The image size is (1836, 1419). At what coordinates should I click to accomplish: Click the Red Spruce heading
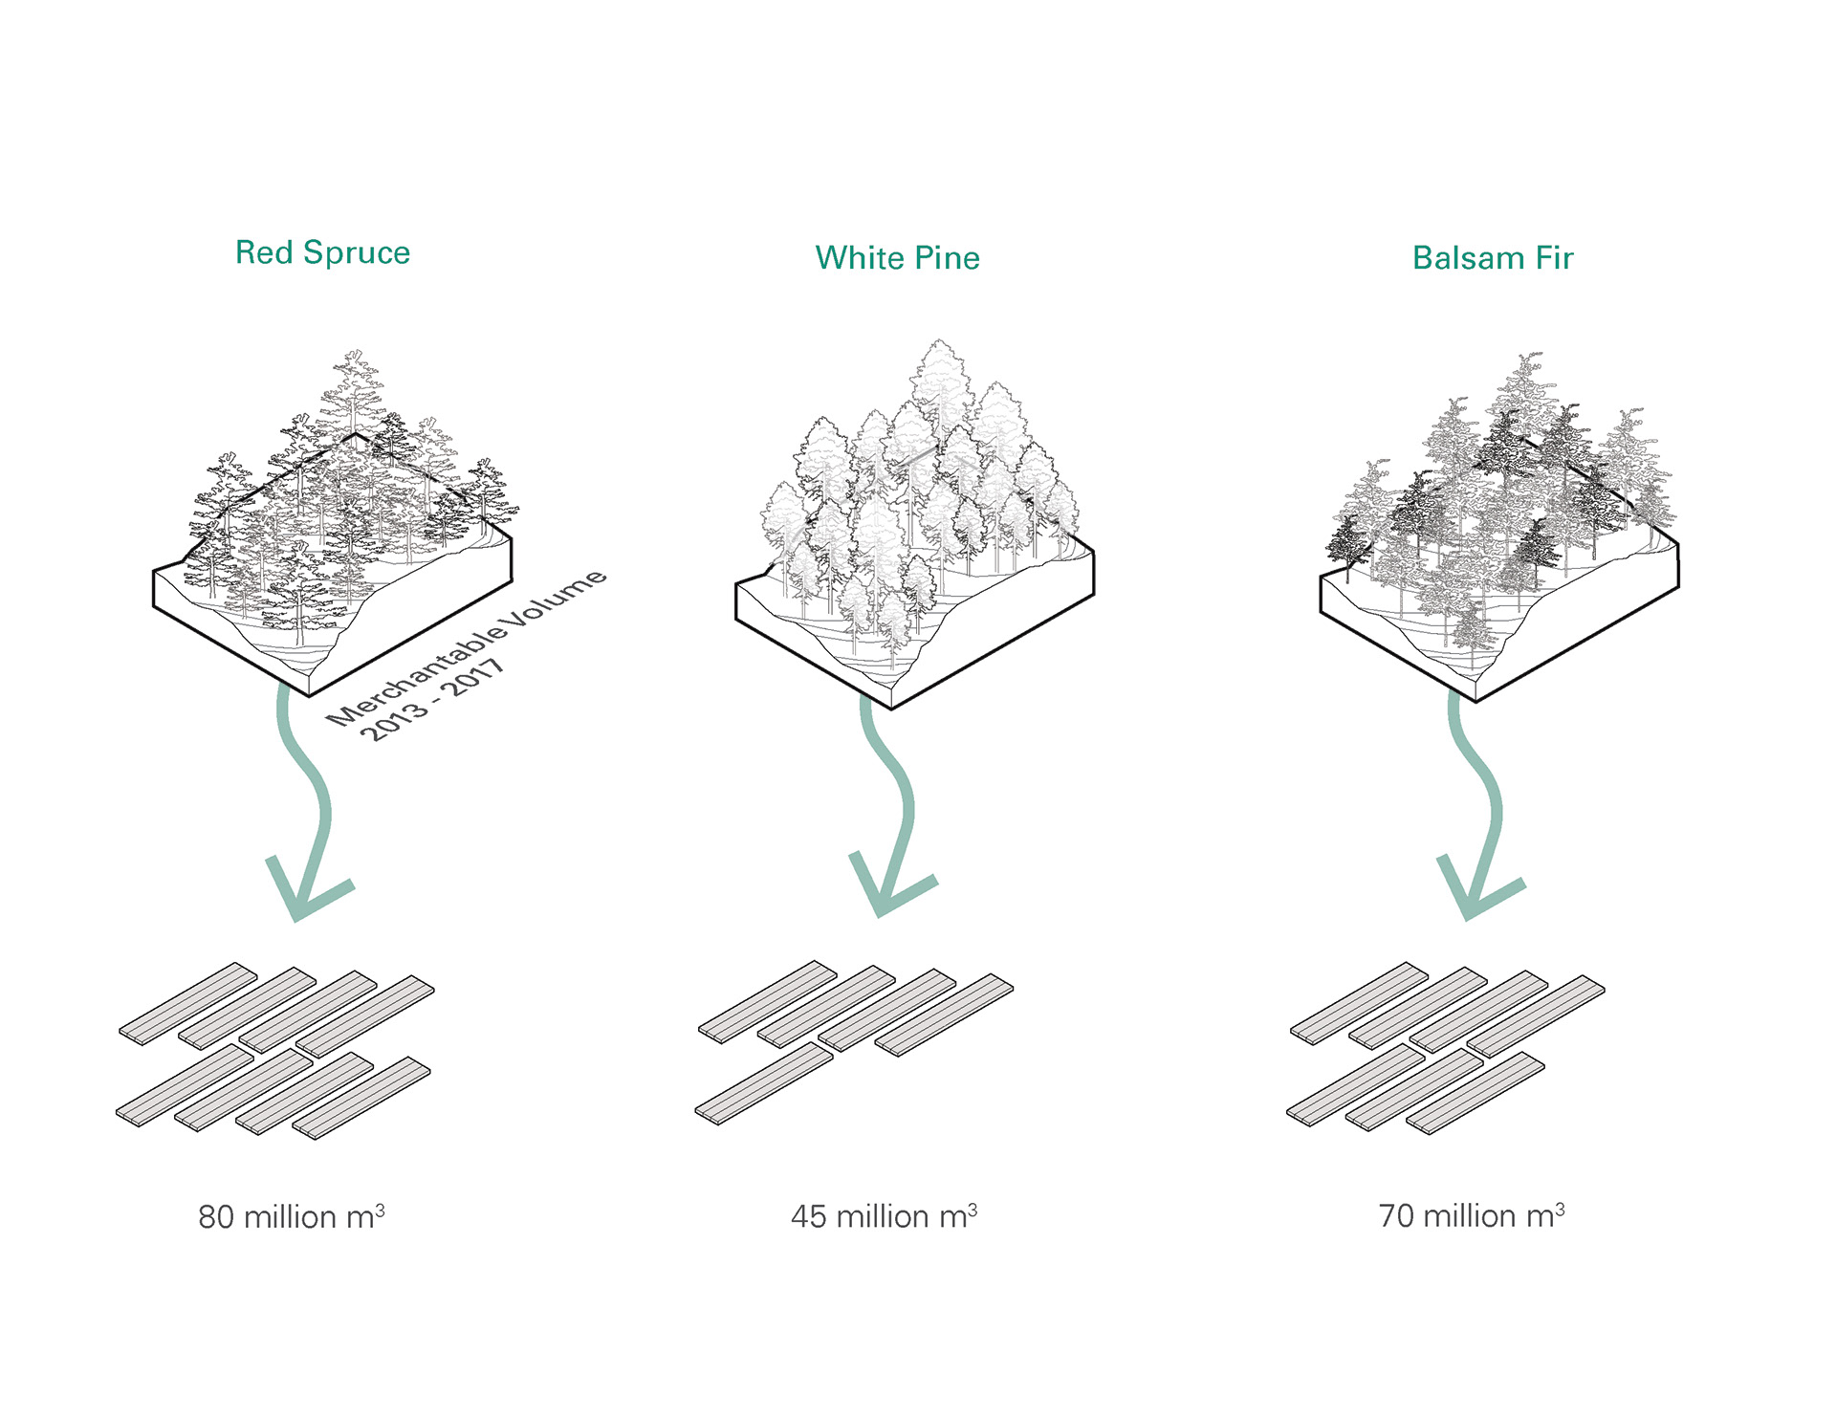[x=322, y=252]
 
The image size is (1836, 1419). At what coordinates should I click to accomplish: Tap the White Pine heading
[x=897, y=258]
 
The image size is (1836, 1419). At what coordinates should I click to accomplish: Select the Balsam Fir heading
[x=1492, y=258]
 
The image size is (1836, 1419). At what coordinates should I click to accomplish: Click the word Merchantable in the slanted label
[x=416, y=671]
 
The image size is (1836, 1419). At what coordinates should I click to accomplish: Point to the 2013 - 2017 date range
[x=432, y=700]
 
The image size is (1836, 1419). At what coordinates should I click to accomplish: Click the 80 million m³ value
[x=291, y=1216]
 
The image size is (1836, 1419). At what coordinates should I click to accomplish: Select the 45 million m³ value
[x=884, y=1216]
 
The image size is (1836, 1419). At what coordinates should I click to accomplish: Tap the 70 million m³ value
[x=1471, y=1216]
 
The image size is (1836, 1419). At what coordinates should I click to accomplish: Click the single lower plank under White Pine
[x=764, y=1082]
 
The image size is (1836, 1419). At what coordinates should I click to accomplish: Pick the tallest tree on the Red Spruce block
[x=352, y=392]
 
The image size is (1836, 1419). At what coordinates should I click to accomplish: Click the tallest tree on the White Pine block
[x=940, y=382]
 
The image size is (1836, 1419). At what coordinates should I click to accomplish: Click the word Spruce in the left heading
[x=357, y=252]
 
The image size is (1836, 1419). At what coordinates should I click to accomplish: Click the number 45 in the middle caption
[x=808, y=1216]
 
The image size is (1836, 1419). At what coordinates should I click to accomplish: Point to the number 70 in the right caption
[x=1395, y=1216]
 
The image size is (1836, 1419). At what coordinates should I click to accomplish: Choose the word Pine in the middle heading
[x=947, y=258]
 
